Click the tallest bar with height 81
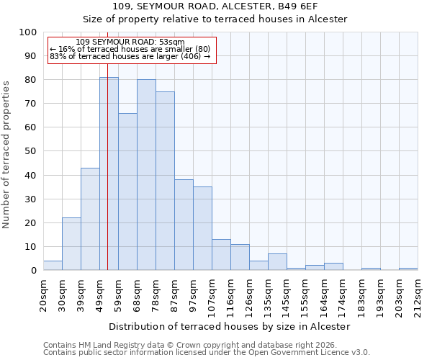click(109, 174)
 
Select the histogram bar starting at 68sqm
click(146, 175)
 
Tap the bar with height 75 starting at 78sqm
click(165, 181)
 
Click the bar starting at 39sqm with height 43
click(90, 219)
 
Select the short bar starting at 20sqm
click(53, 266)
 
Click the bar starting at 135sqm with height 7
click(277, 262)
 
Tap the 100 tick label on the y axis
click(28, 32)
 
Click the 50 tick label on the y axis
click(31, 151)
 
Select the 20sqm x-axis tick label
click(43, 293)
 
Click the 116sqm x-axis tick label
click(230, 293)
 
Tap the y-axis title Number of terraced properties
click(6, 154)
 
